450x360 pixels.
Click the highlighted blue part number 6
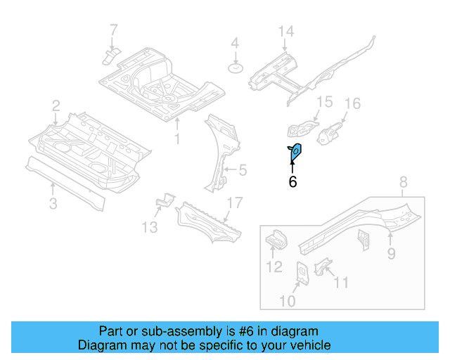click(x=296, y=150)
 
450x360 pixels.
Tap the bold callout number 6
click(x=292, y=182)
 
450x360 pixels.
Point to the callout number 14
click(x=285, y=31)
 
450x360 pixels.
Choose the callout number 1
click(x=177, y=139)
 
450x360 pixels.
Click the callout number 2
click(x=56, y=106)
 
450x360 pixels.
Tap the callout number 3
click(x=53, y=204)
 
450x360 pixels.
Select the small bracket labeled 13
click(x=163, y=201)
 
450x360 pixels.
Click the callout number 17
click(x=234, y=203)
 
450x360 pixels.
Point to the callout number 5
click(x=243, y=169)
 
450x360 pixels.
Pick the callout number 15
click(x=323, y=103)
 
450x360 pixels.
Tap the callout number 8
click(x=403, y=184)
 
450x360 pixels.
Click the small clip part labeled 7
click(x=110, y=56)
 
